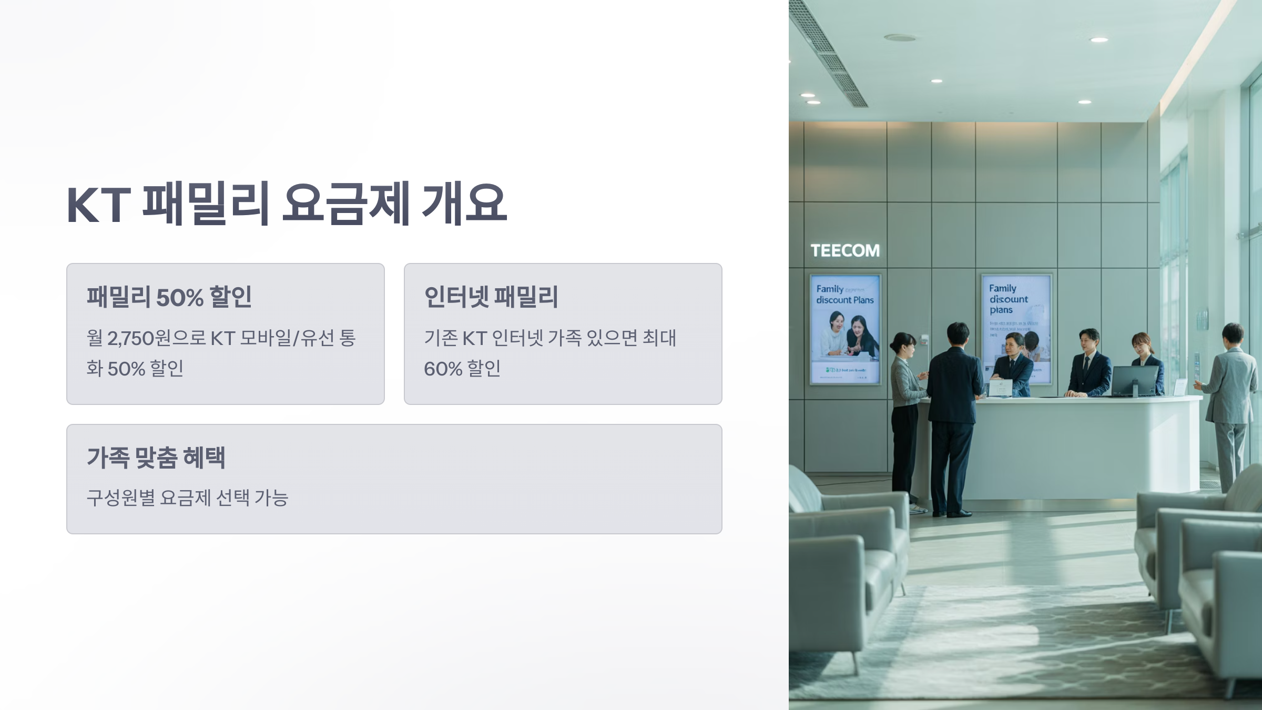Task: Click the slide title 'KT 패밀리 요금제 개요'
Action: (x=287, y=204)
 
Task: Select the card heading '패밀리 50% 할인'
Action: (x=169, y=297)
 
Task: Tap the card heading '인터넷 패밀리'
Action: (x=491, y=297)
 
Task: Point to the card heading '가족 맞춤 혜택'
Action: (x=156, y=458)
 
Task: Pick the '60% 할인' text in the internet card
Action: (x=462, y=369)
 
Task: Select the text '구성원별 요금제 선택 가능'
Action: (x=187, y=498)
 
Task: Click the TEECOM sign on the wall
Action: (x=844, y=250)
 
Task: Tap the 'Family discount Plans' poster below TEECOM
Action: (x=845, y=329)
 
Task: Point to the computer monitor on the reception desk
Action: (x=1134, y=380)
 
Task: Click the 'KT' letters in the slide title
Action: (x=98, y=205)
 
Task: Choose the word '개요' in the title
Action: (x=464, y=204)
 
